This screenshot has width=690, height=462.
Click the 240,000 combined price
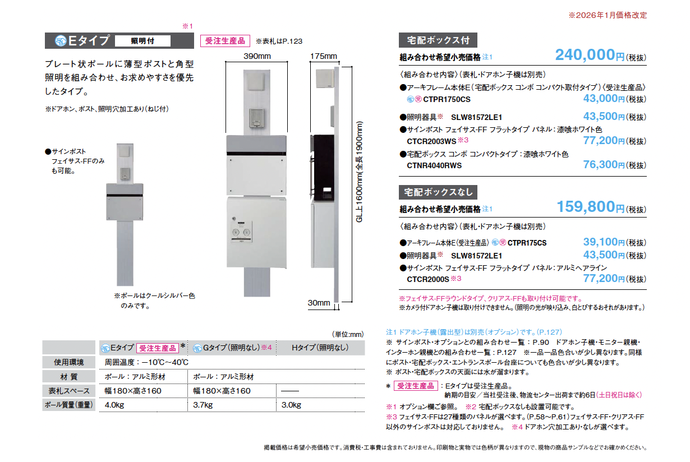585,55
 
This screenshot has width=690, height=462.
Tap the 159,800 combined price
586,206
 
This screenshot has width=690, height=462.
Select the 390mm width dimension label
257,56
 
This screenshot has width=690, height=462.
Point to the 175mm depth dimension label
324,56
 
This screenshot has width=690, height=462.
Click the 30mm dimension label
319,303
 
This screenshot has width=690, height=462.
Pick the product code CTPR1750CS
447,99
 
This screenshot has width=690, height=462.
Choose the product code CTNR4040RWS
434,165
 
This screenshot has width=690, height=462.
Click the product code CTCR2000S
428,279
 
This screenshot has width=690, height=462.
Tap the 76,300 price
600,165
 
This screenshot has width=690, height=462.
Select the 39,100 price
600,242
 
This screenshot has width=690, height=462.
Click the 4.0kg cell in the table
114,405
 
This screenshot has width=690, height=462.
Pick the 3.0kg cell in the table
291,405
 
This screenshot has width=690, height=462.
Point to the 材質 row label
68,376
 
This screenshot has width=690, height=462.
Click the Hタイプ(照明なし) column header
320,348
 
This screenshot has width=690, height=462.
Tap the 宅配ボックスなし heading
438,192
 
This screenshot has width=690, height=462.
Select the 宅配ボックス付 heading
438,40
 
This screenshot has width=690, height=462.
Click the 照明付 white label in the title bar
142,41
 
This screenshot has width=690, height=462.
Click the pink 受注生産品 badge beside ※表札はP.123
225,41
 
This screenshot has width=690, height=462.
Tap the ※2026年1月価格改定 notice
608,15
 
